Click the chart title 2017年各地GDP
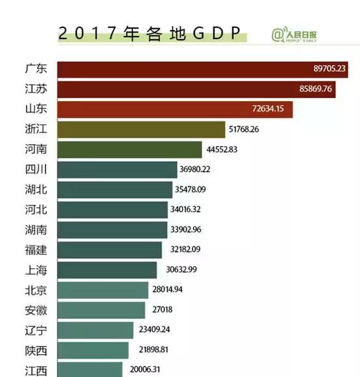pos(149,34)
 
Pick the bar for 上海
pos(107,270)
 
